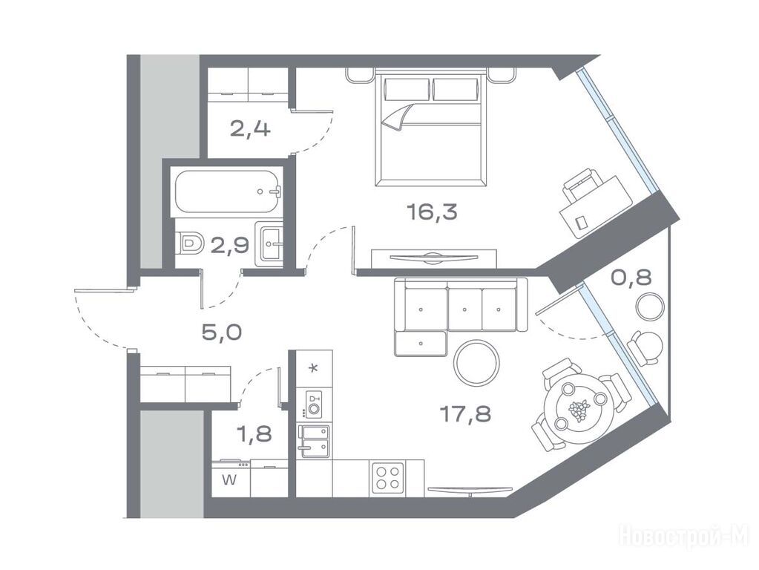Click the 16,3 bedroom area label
coord(433,212)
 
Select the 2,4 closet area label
coord(250,130)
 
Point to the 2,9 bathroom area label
coord(230,246)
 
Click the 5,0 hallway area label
coord(222,332)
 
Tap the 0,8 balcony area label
coord(631,278)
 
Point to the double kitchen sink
coord(314,441)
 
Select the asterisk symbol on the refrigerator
coord(314,369)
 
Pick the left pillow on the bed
coord(407,89)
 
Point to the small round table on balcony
coord(650,307)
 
